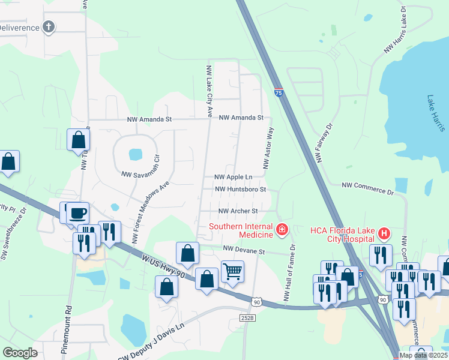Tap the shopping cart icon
point(232,271)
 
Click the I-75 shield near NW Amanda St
point(279,92)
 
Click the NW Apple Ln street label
point(234,177)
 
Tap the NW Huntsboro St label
point(240,189)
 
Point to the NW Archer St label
point(238,211)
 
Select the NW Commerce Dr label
point(367,188)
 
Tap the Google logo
point(20,353)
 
